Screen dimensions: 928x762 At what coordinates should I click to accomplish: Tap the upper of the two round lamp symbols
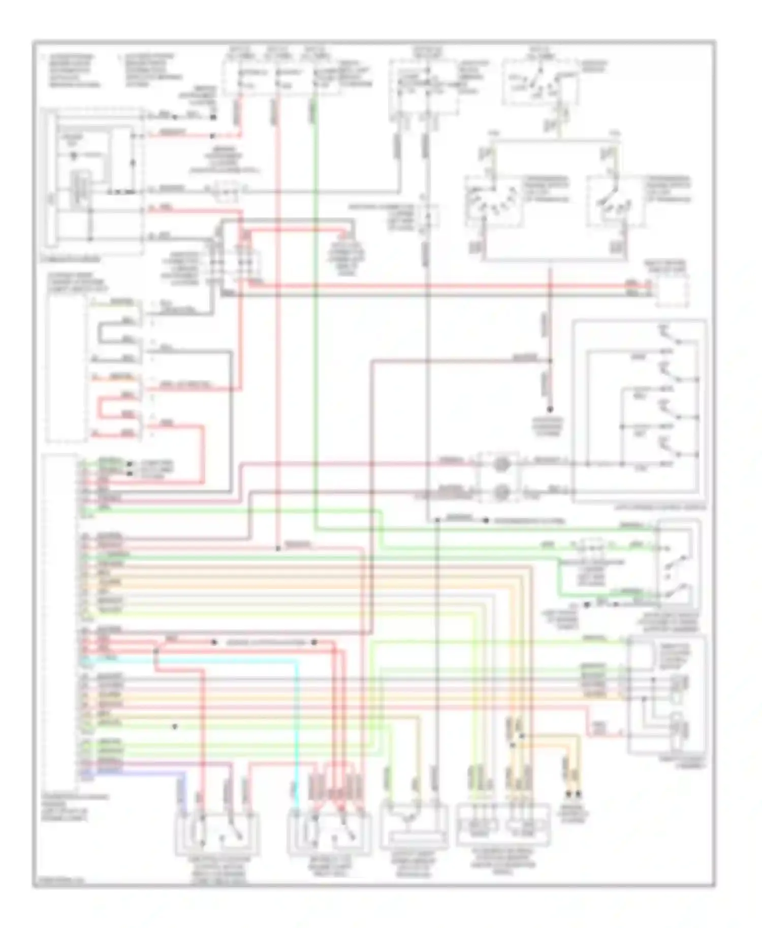[x=501, y=463]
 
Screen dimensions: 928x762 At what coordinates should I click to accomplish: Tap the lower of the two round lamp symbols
[x=501, y=491]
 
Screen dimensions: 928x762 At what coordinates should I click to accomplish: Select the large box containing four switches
[x=639, y=410]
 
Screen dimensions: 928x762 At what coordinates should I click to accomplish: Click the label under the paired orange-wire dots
[x=574, y=815]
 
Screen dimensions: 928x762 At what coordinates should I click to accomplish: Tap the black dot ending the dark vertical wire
[x=550, y=409]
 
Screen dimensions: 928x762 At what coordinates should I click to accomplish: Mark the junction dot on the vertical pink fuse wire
[x=278, y=549]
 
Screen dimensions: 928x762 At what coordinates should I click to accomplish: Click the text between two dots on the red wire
[x=264, y=643]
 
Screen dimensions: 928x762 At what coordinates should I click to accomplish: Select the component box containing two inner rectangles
[x=503, y=825]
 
